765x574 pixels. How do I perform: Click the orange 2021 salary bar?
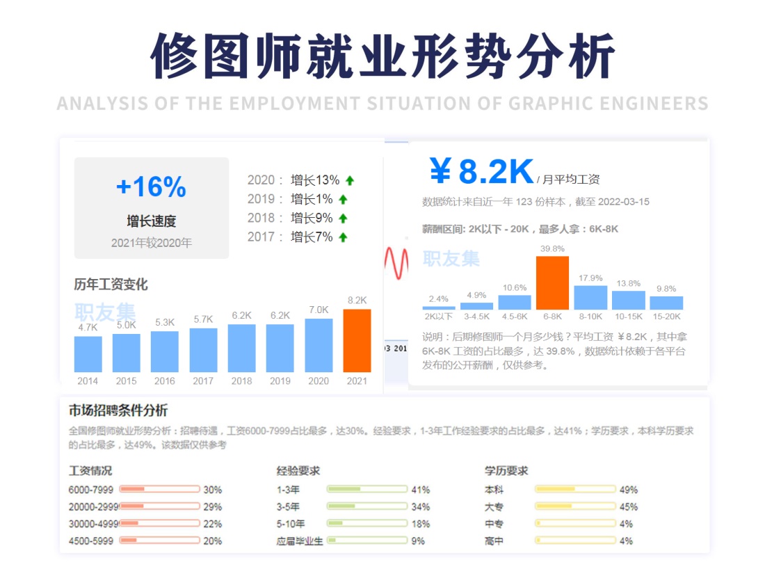click(357, 340)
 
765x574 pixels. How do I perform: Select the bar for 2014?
click(88, 354)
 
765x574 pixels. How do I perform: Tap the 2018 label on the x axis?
click(241, 381)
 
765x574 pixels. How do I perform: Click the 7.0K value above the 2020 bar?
click(319, 310)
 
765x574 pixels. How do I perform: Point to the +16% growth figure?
click(151, 186)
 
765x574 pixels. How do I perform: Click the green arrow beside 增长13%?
click(350, 180)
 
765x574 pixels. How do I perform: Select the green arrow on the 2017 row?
click(343, 237)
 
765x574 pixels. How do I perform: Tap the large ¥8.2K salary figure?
click(481, 171)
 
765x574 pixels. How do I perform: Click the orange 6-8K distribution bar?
click(552, 282)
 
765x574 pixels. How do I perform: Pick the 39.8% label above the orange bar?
click(552, 248)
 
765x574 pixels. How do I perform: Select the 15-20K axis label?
click(666, 316)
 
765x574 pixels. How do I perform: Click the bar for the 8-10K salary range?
click(590, 297)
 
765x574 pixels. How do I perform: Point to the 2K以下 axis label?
click(439, 316)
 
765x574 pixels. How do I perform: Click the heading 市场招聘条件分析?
click(118, 410)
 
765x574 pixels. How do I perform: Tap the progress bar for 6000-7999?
click(159, 489)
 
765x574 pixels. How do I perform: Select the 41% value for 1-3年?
click(421, 490)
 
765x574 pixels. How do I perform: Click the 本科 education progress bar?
click(575, 489)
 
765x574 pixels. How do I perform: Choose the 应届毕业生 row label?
click(300, 541)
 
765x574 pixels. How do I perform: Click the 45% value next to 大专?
click(629, 507)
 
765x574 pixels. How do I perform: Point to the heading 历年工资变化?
click(111, 285)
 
